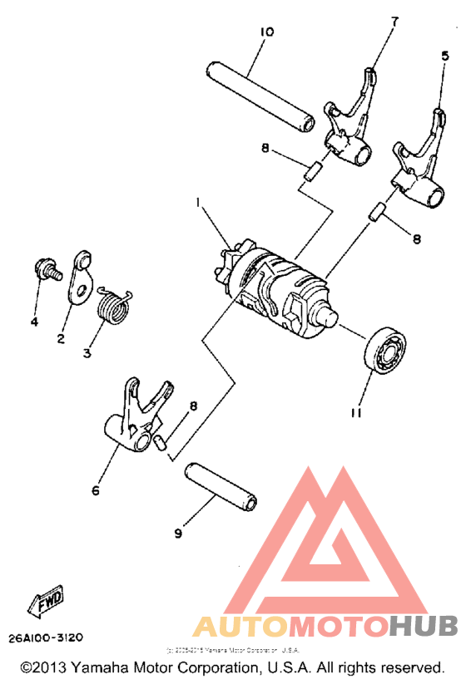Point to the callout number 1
[x=199, y=202]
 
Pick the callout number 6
[x=95, y=490]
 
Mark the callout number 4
[x=34, y=322]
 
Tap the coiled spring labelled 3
[x=112, y=306]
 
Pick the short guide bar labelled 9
[x=221, y=485]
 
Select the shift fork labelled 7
[x=347, y=125]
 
